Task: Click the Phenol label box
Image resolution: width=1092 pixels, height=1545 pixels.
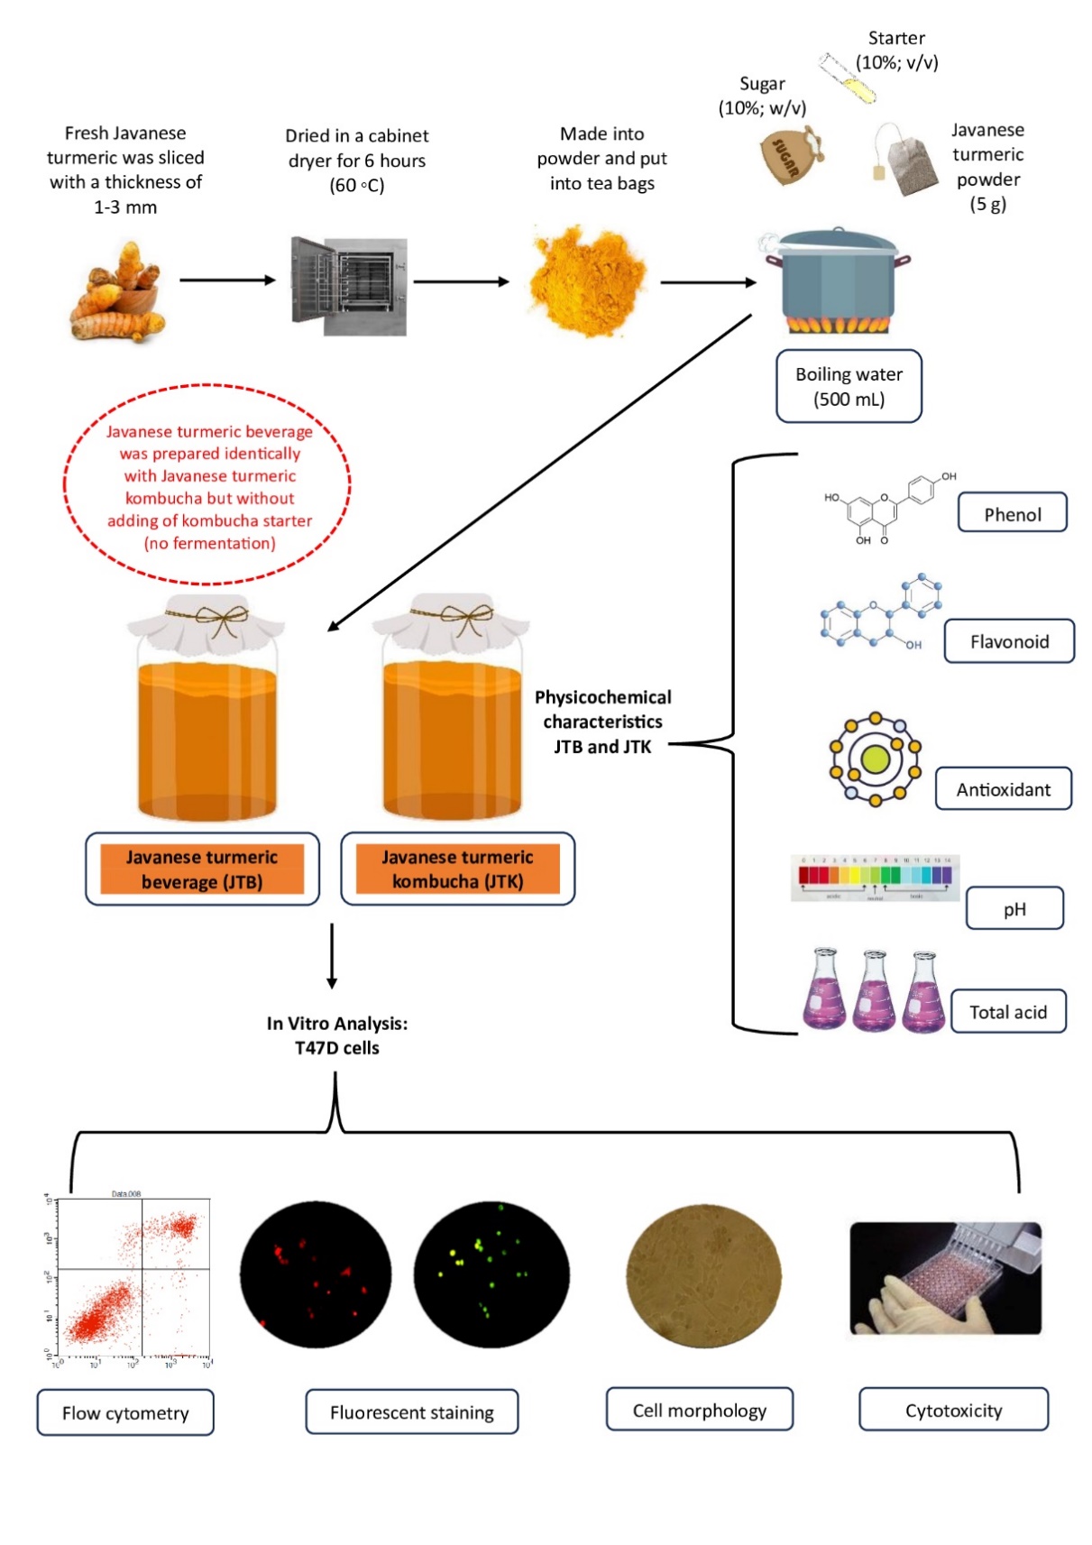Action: coord(1012,513)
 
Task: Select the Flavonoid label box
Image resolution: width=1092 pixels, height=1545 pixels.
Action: coord(1009,641)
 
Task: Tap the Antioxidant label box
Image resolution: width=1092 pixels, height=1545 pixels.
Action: coord(1003,789)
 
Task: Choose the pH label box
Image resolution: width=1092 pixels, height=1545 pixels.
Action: coord(1014,908)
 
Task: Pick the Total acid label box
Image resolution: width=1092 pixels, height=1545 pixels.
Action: coord(1008,1012)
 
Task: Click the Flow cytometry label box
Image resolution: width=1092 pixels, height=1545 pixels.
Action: coord(125,1412)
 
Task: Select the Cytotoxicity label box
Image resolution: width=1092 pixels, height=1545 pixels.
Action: coord(953,1410)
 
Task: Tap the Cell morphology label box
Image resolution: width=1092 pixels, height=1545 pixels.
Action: coord(699,1410)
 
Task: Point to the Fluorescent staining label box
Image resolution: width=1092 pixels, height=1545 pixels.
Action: coord(411,1412)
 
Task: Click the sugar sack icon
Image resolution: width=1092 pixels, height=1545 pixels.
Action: coord(790,155)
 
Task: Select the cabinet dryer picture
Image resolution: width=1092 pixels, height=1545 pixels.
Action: coord(350,286)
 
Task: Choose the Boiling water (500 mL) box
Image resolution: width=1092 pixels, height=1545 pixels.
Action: coord(849,386)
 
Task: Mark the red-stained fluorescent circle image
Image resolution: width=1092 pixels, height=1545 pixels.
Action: coord(316,1273)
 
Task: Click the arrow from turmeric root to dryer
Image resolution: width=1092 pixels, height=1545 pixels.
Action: coord(227,280)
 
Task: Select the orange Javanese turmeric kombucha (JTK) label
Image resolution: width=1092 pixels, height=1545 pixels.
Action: coord(457,869)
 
